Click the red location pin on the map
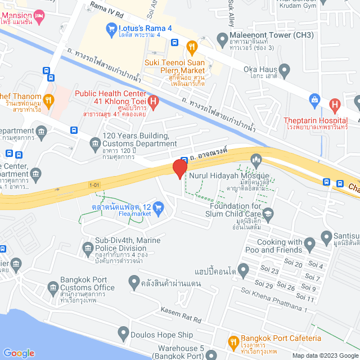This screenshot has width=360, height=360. click(x=179, y=168)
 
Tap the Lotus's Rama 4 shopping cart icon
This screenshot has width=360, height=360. click(x=111, y=27)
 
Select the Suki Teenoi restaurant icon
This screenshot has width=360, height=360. click(x=192, y=46)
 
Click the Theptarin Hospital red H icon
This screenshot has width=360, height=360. click(x=335, y=104)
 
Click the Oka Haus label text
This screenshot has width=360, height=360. click(x=259, y=73)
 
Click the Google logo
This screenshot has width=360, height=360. click(x=19, y=353)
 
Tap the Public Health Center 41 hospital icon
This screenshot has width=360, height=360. click(x=154, y=101)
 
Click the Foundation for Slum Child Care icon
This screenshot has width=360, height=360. click(x=268, y=213)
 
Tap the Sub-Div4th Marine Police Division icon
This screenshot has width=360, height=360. click(x=87, y=247)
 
